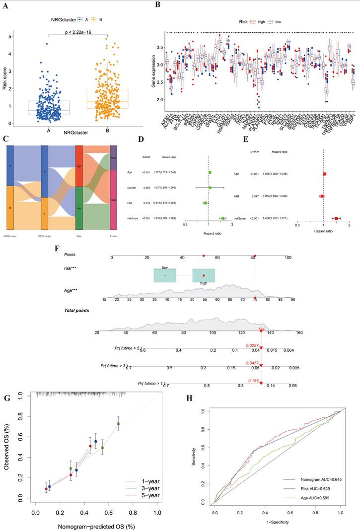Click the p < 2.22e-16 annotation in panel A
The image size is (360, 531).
tap(78, 31)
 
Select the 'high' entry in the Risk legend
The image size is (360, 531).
tap(254, 22)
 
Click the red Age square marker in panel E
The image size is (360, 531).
tap(325, 174)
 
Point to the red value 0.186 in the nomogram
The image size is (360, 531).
tap(253, 381)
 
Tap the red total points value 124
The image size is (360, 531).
tap(261, 329)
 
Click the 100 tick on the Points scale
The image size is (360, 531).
tap(288, 258)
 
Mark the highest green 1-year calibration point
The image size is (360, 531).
tap(118, 423)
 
